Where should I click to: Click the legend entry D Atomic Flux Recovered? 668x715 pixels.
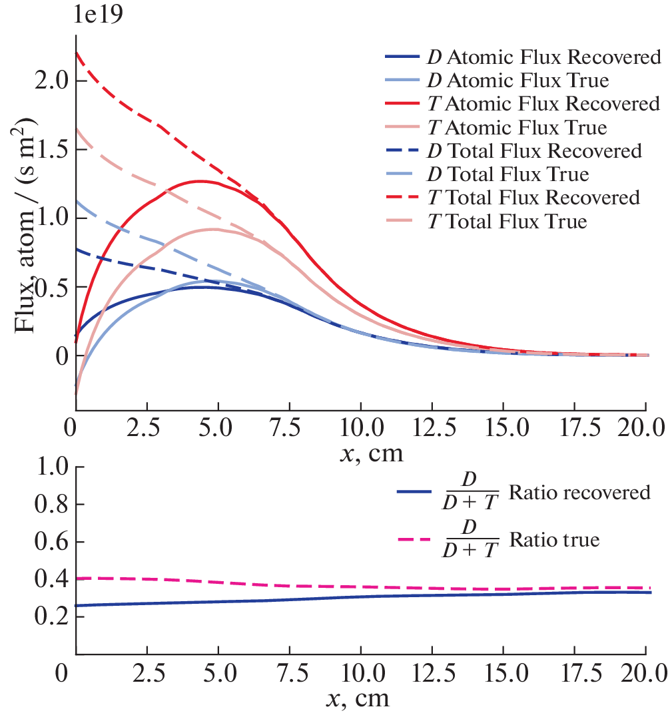[x=523, y=57]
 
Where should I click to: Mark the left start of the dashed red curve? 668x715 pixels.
[x=77, y=53]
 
